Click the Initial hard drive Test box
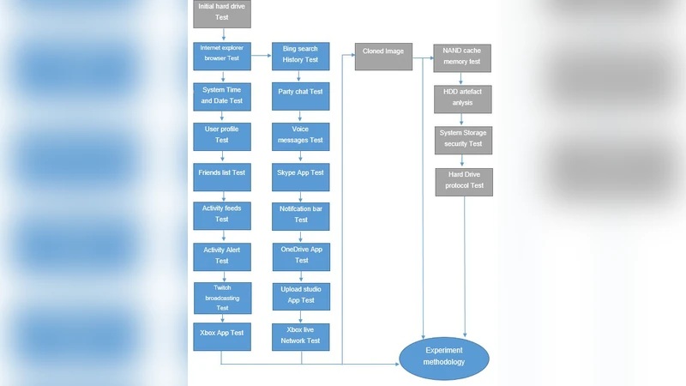222,12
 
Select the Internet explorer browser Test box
222,56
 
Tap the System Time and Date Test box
222,95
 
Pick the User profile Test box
222,135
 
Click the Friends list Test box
222,173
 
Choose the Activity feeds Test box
222,214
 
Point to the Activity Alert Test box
222,255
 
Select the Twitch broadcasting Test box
222,297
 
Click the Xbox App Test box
222,337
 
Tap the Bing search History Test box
300,56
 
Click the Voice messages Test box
300,135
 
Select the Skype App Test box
300,173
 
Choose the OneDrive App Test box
301,255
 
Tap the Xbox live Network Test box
301,335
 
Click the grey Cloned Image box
383,56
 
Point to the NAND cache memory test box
462,58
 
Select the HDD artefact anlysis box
462,98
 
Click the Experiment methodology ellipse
444,358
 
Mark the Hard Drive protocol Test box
464,181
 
